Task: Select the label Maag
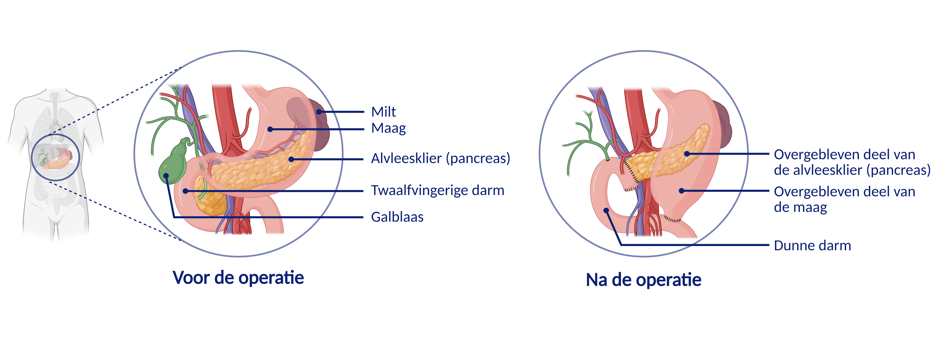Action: click(x=388, y=128)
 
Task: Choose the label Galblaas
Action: click(x=397, y=217)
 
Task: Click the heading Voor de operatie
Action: click(x=238, y=278)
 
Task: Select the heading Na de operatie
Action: click(x=644, y=280)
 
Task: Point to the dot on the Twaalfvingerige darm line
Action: click(x=185, y=191)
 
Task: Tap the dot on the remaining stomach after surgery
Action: click(x=682, y=191)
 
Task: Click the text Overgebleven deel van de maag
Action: click(x=845, y=199)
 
